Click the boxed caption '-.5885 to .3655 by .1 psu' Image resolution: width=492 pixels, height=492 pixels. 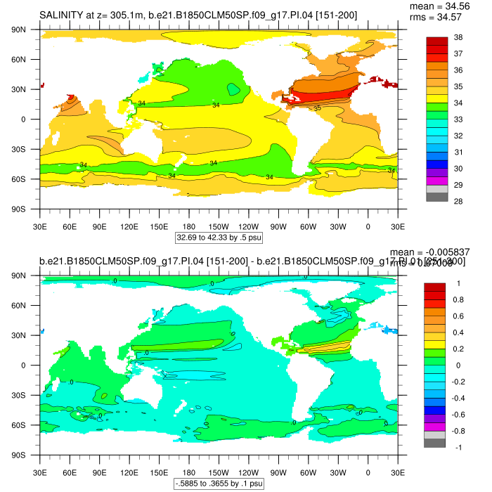pos(219,484)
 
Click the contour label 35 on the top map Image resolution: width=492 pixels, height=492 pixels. pos(317,108)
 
